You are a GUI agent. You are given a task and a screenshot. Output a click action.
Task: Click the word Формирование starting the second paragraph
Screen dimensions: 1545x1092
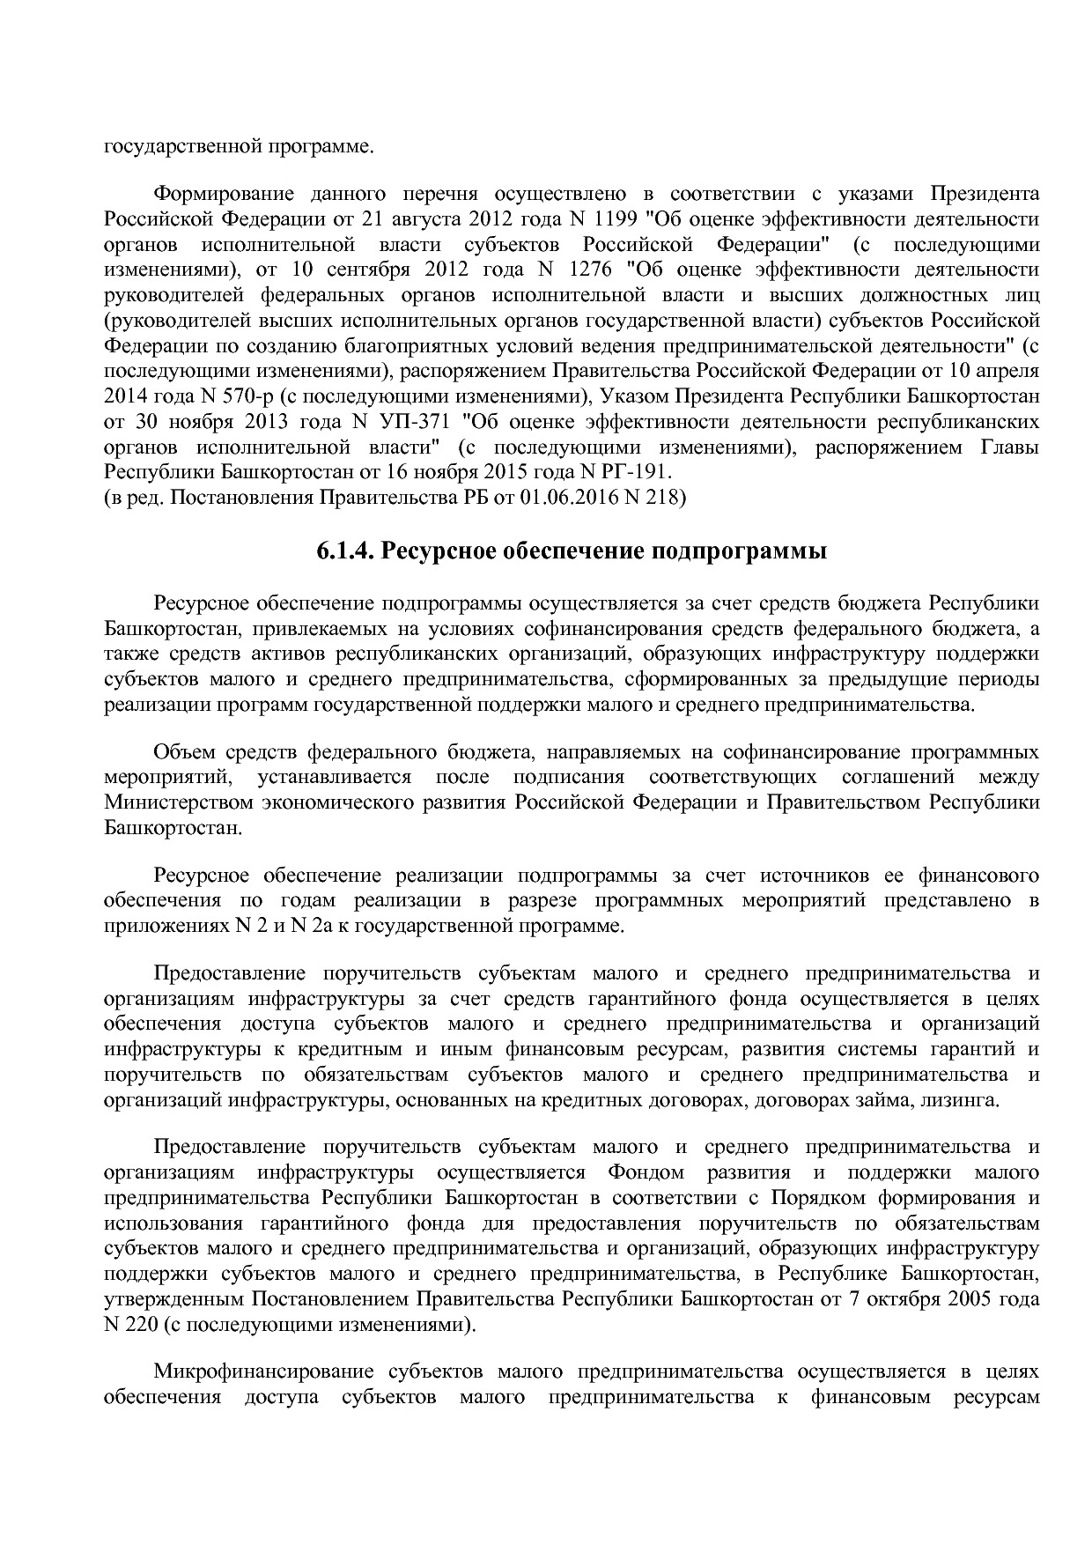(219, 194)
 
